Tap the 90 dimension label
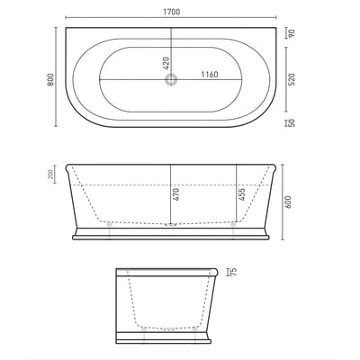[292, 34]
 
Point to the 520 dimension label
[292, 78]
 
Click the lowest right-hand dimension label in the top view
[292, 122]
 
